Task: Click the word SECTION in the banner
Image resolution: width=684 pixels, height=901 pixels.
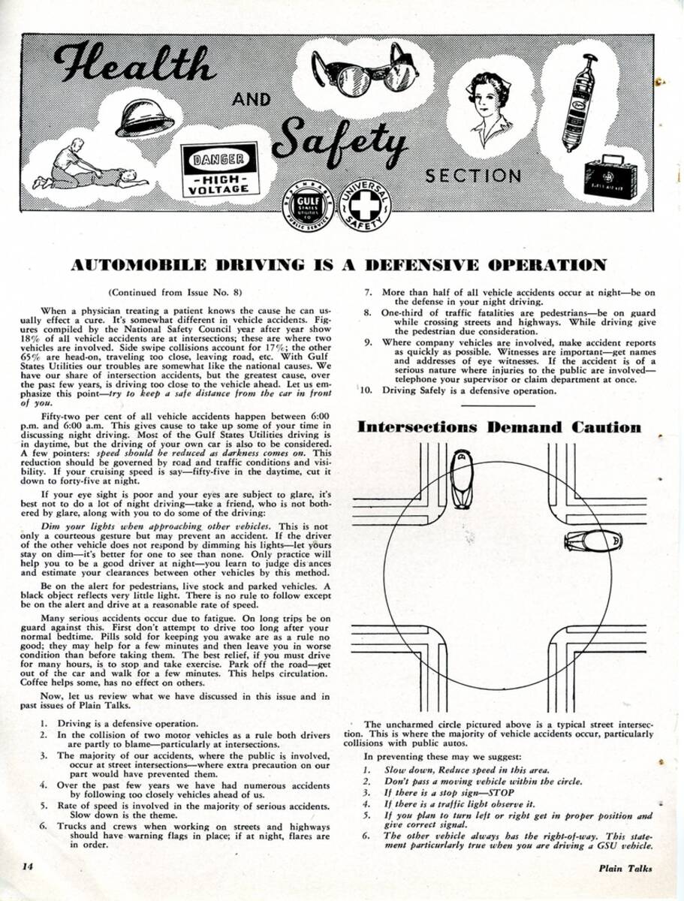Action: (472, 176)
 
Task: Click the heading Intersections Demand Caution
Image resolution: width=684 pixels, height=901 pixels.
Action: (499, 427)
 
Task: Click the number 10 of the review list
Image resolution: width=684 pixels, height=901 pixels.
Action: (366, 390)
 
